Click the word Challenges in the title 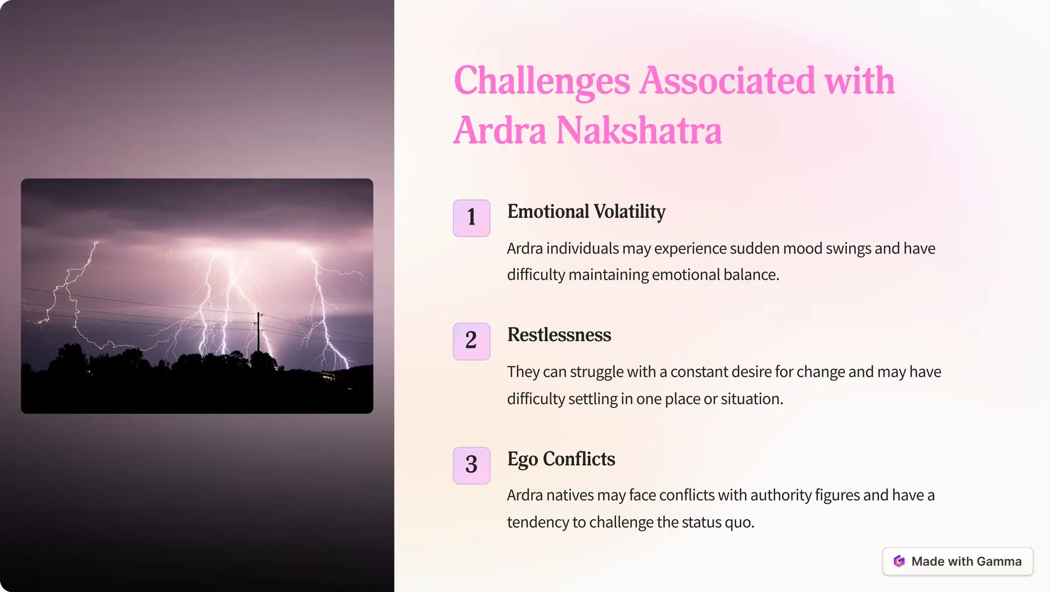[541, 81]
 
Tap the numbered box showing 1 [471, 218]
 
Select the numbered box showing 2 [471, 341]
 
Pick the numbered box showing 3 [471, 465]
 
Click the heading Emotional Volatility [586, 211]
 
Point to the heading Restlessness [559, 335]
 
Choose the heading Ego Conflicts [561, 459]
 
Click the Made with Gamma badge [957, 561]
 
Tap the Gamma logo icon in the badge [899, 561]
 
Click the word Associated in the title [726, 81]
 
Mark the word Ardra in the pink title [500, 130]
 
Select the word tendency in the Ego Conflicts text [538, 522]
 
